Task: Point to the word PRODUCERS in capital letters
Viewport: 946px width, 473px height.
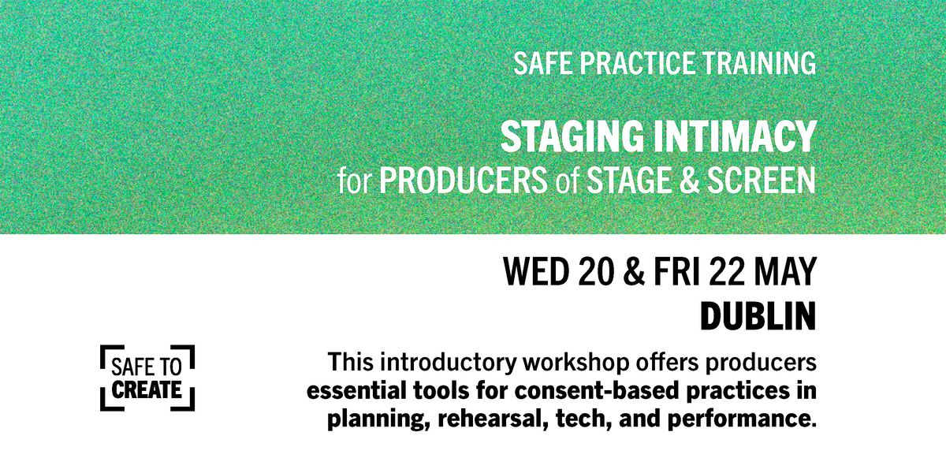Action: tap(464, 181)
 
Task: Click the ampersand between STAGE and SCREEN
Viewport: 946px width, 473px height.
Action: tap(689, 181)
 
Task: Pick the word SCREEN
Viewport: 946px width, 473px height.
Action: tap(762, 181)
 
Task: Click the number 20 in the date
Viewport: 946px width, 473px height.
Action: tap(596, 271)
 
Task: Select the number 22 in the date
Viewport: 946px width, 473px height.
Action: tap(726, 271)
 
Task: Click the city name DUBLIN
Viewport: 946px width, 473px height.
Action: tap(758, 316)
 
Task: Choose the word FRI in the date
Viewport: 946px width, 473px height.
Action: tap(677, 271)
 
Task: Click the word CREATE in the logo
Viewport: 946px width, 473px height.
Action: tap(147, 389)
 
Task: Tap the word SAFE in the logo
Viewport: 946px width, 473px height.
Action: tap(128, 367)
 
